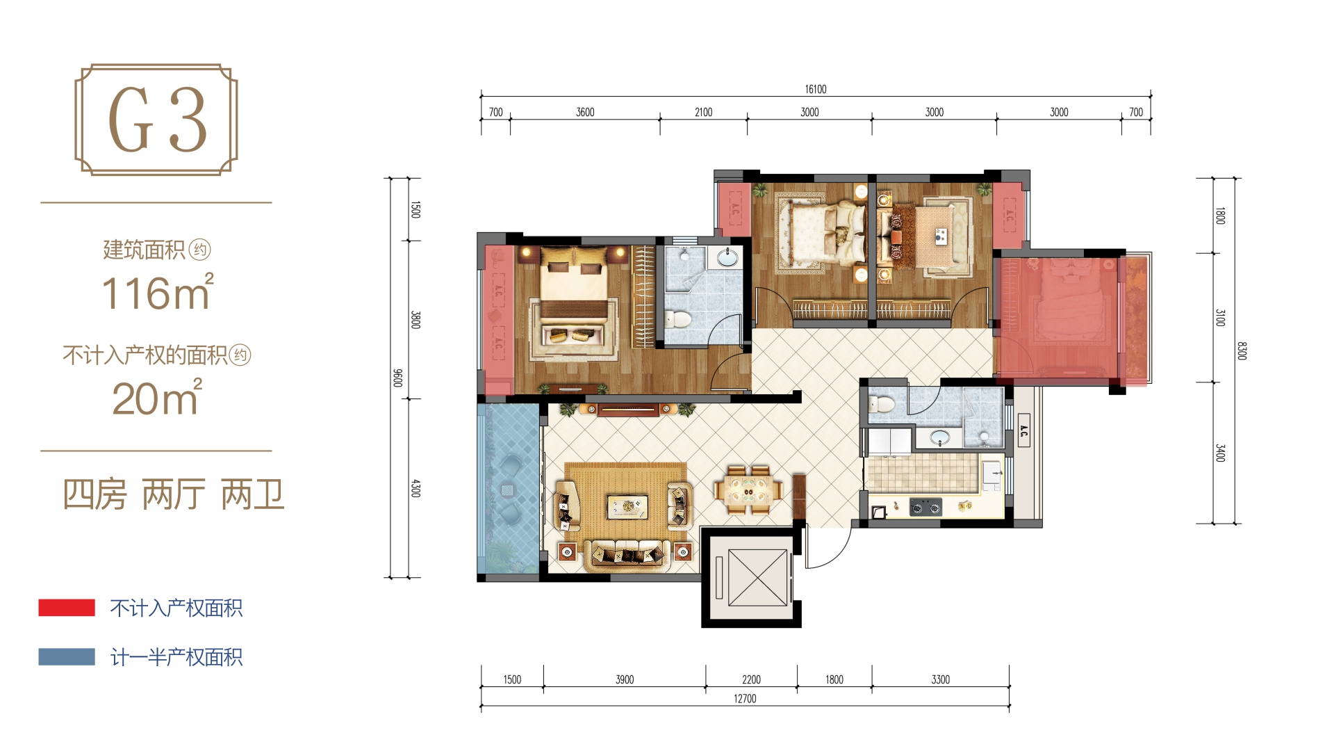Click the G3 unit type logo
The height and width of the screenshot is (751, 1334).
coord(156,120)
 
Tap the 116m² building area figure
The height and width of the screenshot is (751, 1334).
coord(158,292)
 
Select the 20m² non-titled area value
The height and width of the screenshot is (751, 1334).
coord(158,398)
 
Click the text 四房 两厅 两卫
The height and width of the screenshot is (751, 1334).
coord(173,495)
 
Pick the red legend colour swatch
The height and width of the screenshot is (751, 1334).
coord(67,607)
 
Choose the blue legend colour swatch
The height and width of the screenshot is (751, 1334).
coord(67,656)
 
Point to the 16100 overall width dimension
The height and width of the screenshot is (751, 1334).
coord(816,89)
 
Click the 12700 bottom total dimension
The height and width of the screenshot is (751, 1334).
coord(745,698)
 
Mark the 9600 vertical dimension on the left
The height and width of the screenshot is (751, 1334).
coord(398,378)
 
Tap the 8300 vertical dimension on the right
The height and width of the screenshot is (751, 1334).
coord(1242,350)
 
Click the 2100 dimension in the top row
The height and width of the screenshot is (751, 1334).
coord(703,112)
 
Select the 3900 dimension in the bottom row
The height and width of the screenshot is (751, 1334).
coord(625,679)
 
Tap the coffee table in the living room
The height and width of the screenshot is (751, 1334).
coord(627,506)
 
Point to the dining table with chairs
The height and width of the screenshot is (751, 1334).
coord(748,490)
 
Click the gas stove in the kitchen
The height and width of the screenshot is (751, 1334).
coord(925,508)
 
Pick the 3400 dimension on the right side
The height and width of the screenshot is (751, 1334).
coord(1220,453)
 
